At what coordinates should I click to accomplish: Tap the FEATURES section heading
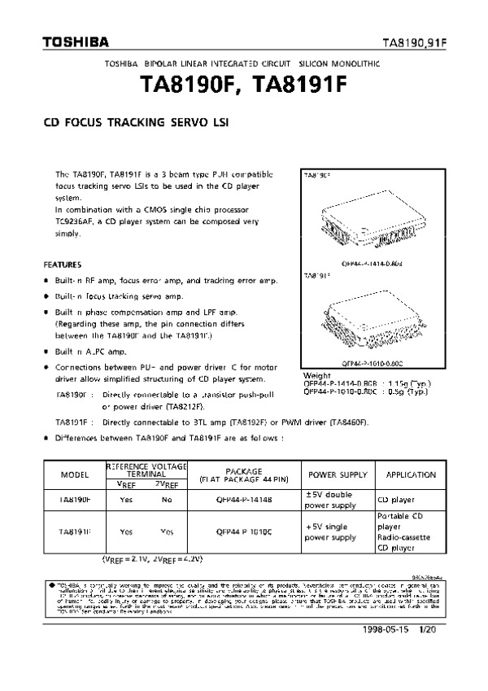pyautogui.click(x=62, y=265)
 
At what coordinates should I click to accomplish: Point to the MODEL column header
pyautogui.click(x=75, y=475)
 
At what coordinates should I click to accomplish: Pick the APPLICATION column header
pyautogui.click(x=412, y=475)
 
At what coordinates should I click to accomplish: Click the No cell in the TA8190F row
pyautogui.click(x=167, y=499)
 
